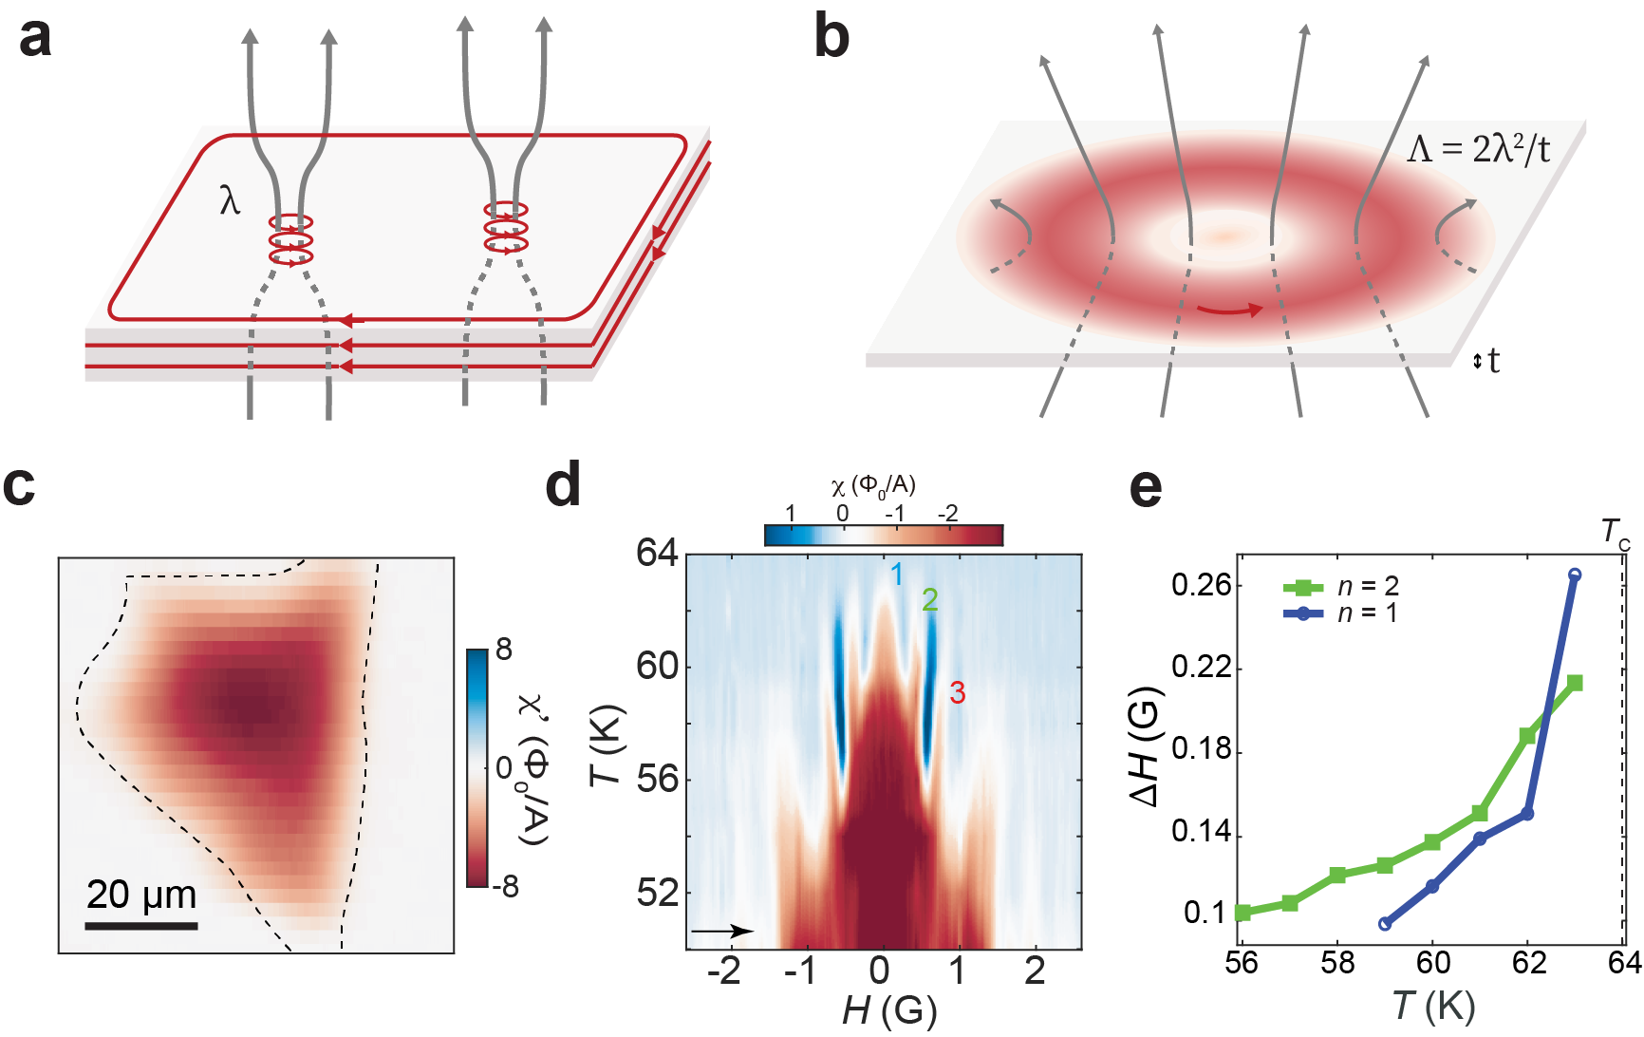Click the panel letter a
click(x=35, y=40)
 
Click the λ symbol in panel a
click(x=230, y=200)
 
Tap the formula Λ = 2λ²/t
click(x=1478, y=149)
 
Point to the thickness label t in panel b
click(x=1494, y=361)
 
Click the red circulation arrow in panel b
click(x=1229, y=310)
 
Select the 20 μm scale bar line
click(x=141, y=925)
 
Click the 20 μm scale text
click(x=141, y=895)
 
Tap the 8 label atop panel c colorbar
click(x=504, y=650)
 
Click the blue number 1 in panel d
click(x=896, y=575)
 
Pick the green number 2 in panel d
click(x=930, y=599)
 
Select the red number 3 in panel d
click(x=958, y=693)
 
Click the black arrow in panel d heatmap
click(x=722, y=932)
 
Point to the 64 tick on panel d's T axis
click(x=657, y=553)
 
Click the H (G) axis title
click(x=888, y=1011)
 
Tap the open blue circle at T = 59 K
click(x=1385, y=923)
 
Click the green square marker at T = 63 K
click(x=1575, y=683)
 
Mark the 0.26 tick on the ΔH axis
click(x=1202, y=585)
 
